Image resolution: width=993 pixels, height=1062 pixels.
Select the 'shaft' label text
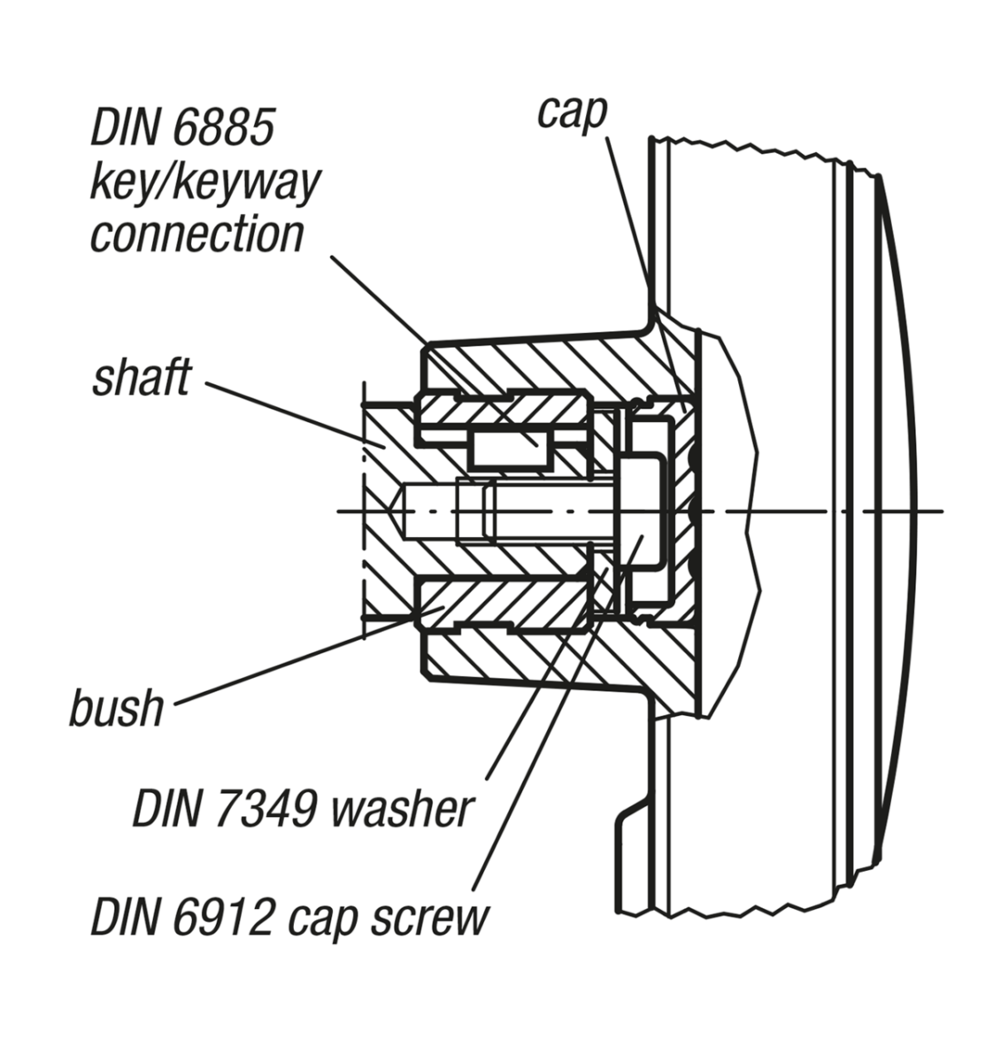coord(141,379)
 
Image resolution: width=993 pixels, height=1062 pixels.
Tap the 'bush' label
coord(117,708)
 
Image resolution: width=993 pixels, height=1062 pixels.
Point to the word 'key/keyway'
coord(204,182)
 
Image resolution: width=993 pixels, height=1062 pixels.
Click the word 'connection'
coord(196,234)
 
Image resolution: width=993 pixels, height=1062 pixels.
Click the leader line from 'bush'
coord(292,660)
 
